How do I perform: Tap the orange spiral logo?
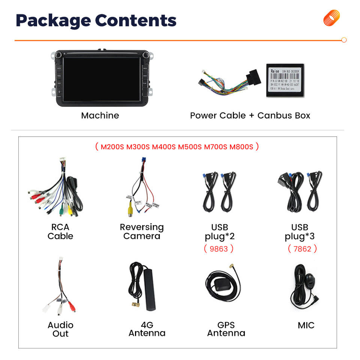[x=331, y=18]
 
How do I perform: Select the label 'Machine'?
[x=100, y=115]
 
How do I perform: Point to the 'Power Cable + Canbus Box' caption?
[x=250, y=115]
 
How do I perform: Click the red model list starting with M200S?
[x=177, y=147]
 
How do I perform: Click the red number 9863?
[x=219, y=248]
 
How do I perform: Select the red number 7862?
[x=302, y=248]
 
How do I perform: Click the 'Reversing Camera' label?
[x=142, y=232]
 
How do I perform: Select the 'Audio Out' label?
[x=60, y=329]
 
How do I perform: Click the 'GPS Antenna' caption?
[x=226, y=329]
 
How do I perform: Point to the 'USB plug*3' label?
[x=300, y=232]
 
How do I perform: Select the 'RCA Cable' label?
[x=60, y=232]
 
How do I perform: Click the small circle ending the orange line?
[x=344, y=40]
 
